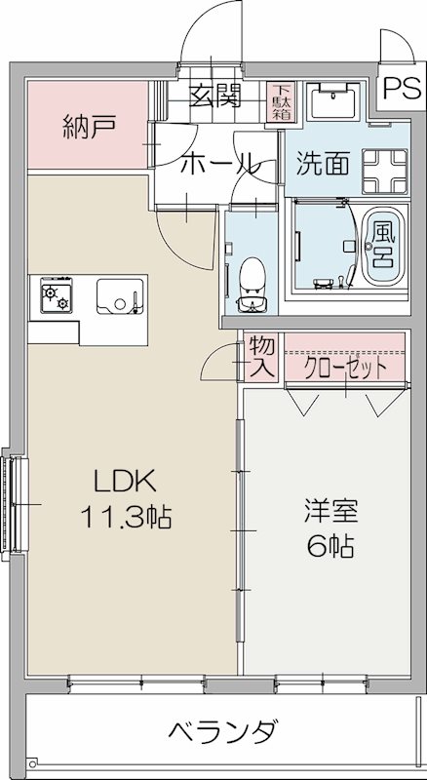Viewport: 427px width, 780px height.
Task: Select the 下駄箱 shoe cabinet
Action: click(x=281, y=100)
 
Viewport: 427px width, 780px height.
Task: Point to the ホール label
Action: click(x=217, y=163)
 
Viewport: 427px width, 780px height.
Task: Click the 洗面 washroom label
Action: click(x=323, y=163)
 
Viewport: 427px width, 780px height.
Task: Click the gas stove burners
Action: click(x=57, y=295)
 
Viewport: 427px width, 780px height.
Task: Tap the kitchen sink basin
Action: click(x=121, y=295)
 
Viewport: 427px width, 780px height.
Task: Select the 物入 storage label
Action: click(x=261, y=357)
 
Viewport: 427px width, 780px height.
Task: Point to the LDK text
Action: click(x=123, y=481)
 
